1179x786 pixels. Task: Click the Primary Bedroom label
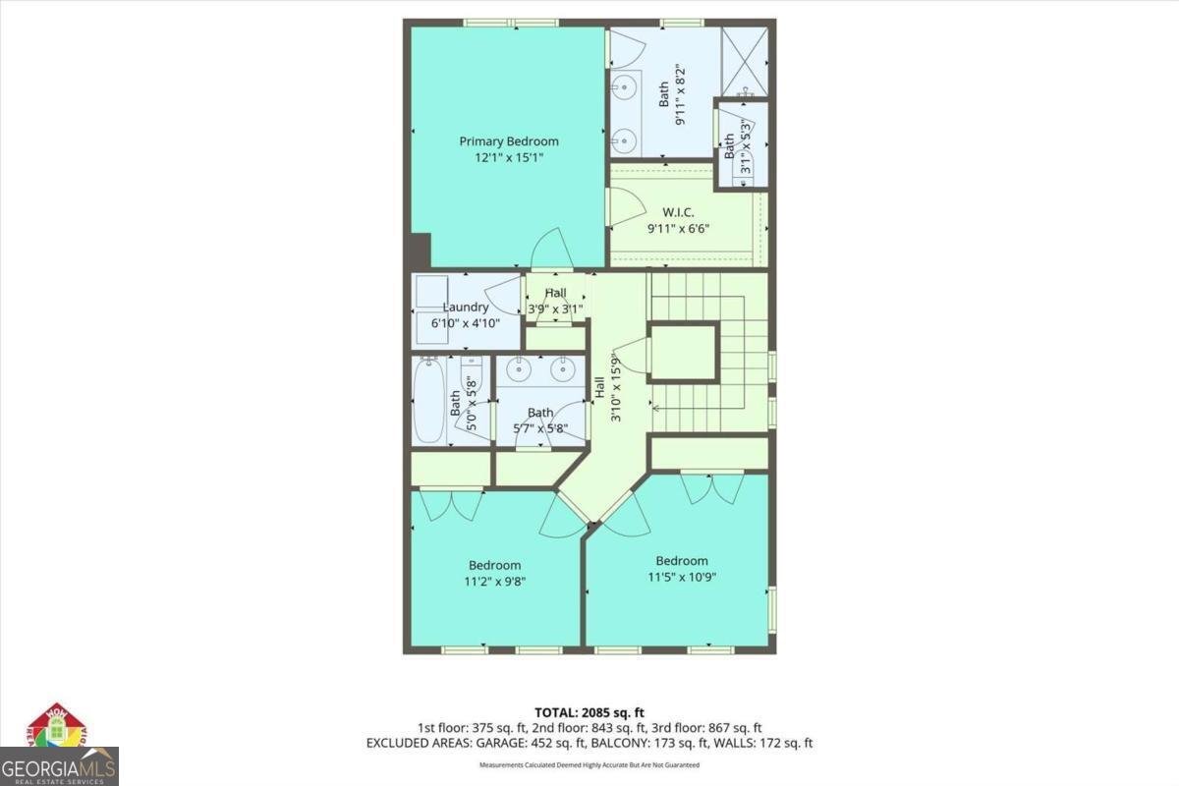(x=509, y=141)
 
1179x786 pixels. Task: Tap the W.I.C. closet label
(x=678, y=211)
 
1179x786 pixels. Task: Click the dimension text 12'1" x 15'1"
(x=509, y=157)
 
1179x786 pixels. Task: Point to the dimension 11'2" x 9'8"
(x=494, y=581)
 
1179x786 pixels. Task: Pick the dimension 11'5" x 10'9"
(x=681, y=577)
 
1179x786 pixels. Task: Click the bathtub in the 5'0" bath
(x=430, y=401)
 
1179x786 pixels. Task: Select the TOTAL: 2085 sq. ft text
(x=589, y=712)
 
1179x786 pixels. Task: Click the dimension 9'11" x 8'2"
(x=678, y=93)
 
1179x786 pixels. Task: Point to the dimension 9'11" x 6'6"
(x=678, y=228)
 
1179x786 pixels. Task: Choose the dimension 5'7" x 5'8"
(x=540, y=428)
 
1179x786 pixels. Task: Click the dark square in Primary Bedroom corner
(x=421, y=250)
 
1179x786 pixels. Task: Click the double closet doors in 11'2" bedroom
(x=450, y=504)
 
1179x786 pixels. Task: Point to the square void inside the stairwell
(x=684, y=352)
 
